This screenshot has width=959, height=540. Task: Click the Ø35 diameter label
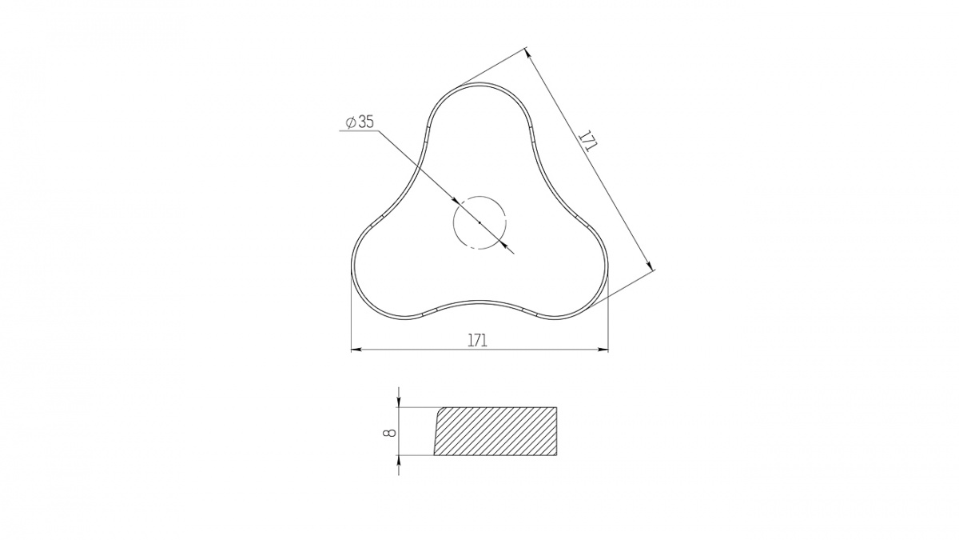click(360, 122)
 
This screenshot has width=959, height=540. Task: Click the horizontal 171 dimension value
click(477, 340)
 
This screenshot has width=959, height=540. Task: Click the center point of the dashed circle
click(479, 222)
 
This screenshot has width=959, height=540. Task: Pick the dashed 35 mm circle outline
click(453, 222)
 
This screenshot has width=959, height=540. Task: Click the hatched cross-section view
click(495, 430)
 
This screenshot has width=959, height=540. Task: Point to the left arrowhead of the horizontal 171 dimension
click(356, 350)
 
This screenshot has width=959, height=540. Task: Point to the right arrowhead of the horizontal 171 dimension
click(603, 350)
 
